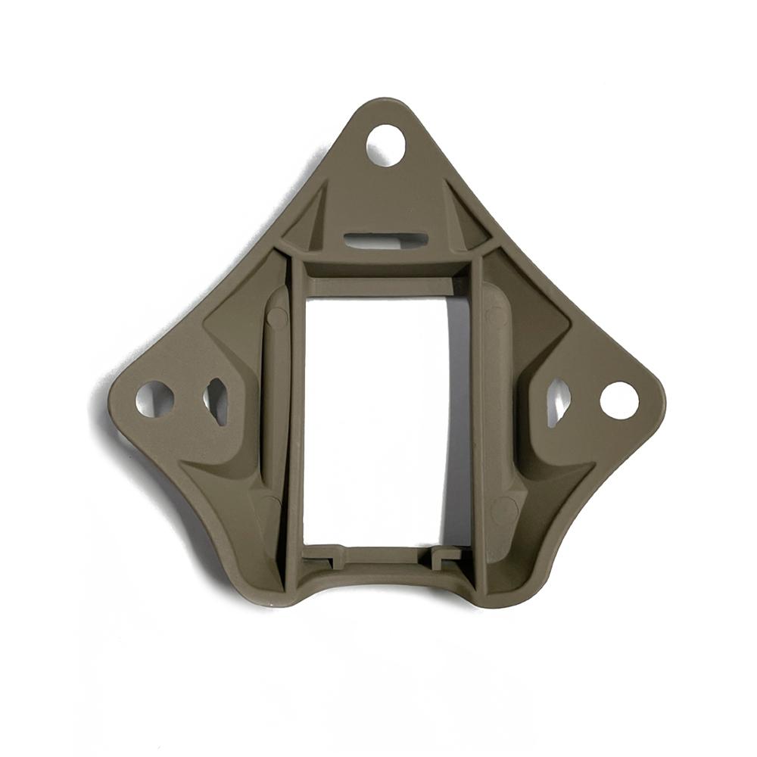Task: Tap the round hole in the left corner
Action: pos(154,398)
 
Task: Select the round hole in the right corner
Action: pos(619,400)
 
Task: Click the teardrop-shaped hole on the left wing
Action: pos(217,399)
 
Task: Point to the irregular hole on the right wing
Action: pos(558,399)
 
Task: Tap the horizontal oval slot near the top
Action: pos(386,240)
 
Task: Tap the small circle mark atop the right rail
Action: pos(497,316)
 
